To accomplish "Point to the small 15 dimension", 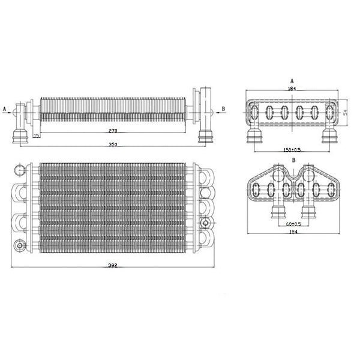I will [x=37, y=136].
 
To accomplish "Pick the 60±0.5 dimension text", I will [x=292, y=224].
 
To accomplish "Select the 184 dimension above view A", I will [x=292, y=89].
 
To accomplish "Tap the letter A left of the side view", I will [x=5, y=109].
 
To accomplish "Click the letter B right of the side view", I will [x=223, y=109].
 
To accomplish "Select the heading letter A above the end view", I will [x=292, y=79].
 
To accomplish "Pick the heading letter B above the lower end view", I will [x=292, y=161].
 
